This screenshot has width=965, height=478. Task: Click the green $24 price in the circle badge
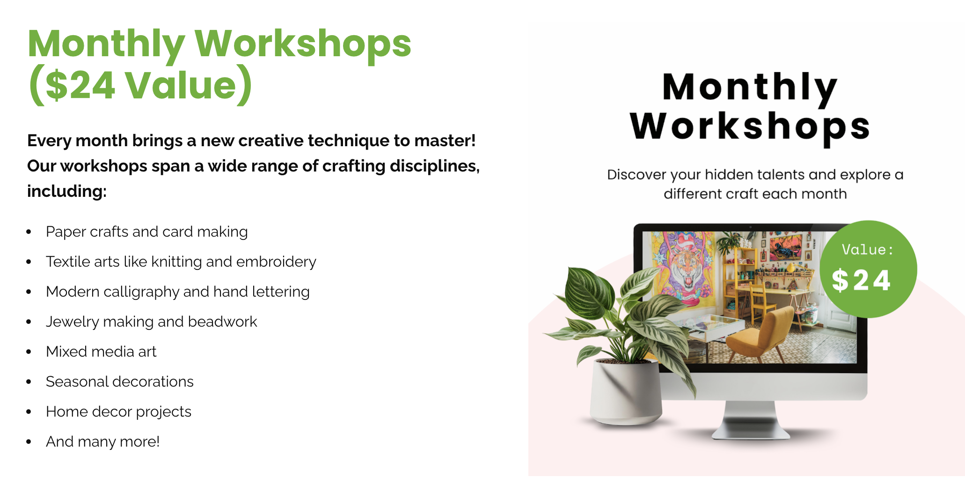pyautogui.click(x=861, y=280)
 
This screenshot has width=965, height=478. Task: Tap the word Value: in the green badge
pyautogui.click(x=867, y=250)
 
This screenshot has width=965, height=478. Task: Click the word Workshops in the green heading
pyautogui.click(x=303, y=44)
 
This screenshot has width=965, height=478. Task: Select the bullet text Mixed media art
pyautogui.click(x=101, y=351)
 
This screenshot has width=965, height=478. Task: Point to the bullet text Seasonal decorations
pyautogui.click(x=119, y=381)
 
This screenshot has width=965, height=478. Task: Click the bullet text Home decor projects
pyautogui.click(x=118, y=411)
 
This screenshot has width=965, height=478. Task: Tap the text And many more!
pyautogui.click(x=102, y=441)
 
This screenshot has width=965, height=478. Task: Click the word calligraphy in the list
pyautogui.click(x=141, y=291)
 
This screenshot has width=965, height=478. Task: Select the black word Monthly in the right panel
pyautogui.click(x=750, y=87)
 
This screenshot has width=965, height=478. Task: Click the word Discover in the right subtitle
pyautogui.click(x=636, y=175)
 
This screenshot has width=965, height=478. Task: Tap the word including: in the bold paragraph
pyautogui.click(x=67, y=191)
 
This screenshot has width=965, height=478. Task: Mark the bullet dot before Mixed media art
pyautogui.click(x=29, y=352)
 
